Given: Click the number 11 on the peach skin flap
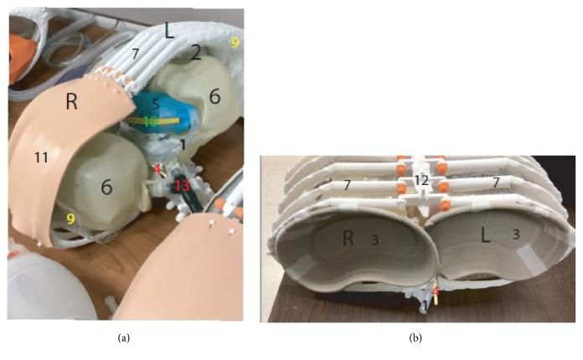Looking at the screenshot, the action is click(x=41, y=158).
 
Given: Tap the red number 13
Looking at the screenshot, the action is click(x=183, y=185).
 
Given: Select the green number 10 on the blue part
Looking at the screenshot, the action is click(x=150, y=121).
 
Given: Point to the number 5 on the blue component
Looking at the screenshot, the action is click(x=156, y=104).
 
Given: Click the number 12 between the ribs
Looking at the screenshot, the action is click(x=421, y=181).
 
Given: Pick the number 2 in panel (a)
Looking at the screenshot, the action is click(x=196, y=53).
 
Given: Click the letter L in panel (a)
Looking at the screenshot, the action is click(x=169, y=31).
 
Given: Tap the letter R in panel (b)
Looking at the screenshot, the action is click(x=348, y=238).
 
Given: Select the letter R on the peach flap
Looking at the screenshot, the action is click(x=71, y=101).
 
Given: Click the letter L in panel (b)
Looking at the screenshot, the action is click(x=485, y=235).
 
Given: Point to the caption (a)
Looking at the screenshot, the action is click(x=123, y=338).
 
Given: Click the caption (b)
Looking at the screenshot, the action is click(x=415, y=338).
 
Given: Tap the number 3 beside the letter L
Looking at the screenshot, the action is click(x=516, y=234).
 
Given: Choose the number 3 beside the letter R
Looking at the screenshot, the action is click(x=374, y=240).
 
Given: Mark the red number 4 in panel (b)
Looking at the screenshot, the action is click(x=436, y=291).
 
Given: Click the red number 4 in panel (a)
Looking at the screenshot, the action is click(x=157, y=170).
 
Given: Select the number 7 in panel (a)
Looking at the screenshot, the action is click(x=136, y=54).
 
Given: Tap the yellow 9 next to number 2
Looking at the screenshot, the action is click(x=235, y=43).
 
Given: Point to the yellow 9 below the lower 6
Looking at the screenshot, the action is click(x=70, y=219).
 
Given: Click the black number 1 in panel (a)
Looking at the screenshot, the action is click(x=183, y=146).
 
